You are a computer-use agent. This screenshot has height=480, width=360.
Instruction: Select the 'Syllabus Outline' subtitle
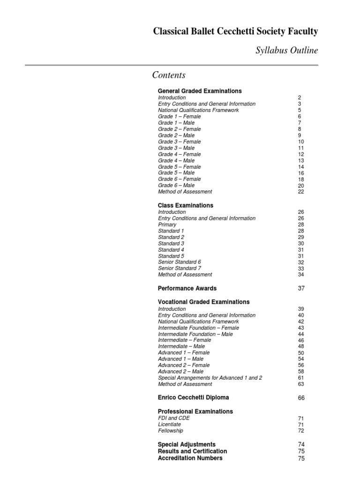[x=286, y=51]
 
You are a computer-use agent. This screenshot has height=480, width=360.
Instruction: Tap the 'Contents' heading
[x=169, y=75]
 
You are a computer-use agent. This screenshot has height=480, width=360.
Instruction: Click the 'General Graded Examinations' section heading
[x=200, y=91]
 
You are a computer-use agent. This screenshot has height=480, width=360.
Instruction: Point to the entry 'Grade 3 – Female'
[x=180, y=142]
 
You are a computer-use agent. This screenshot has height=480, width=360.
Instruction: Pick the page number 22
[x=301, y=192]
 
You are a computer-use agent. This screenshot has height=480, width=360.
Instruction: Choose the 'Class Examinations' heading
[x=186, y=205]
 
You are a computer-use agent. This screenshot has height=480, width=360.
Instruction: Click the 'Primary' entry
[x=167, y=225]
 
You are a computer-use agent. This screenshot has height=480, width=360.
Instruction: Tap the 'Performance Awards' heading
[x=187, y=288]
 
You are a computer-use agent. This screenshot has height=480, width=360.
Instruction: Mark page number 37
[x=301, y=288]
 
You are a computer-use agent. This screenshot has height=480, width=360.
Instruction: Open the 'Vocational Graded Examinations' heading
[x=204, y=302]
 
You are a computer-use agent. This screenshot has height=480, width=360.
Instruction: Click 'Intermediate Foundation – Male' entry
[x=195, y=334]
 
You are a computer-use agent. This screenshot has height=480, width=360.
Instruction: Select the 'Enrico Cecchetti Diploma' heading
[x=194, y=397]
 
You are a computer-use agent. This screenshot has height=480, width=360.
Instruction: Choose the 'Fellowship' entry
[x=171, y=431]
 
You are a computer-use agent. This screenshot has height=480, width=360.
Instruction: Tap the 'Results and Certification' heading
[x=193, y=451]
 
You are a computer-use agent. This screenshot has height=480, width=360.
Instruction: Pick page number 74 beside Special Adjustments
[x=301, y=444]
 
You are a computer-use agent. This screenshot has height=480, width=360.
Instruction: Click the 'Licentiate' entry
[x=170, y=424]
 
